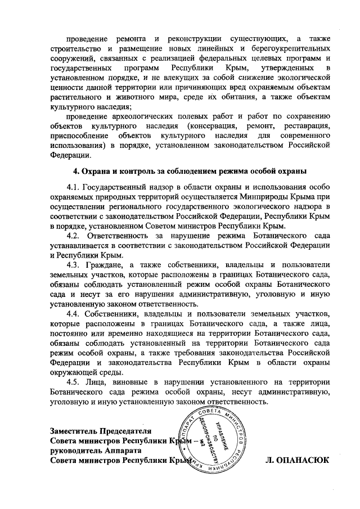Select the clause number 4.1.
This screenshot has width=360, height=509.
tap(73, 187)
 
